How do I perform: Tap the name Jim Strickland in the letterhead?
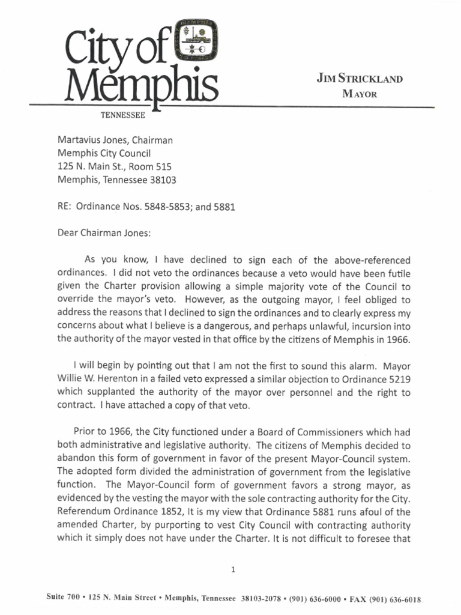point(360,79)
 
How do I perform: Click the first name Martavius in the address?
point(79,140)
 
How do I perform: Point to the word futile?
point(396,273)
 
